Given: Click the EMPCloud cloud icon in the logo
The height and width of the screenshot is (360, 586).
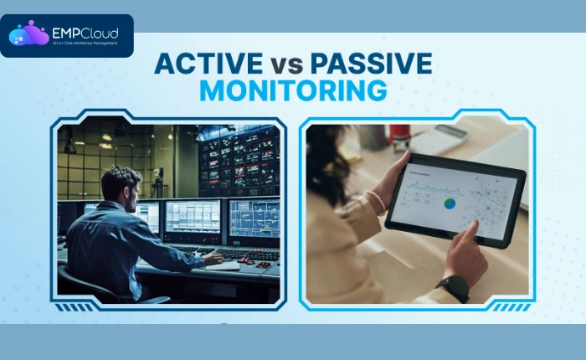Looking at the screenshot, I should pyautogui.click(x=28, y=34).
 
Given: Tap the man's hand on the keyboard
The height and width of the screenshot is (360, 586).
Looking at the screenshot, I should pyautogui.click(x=214, y=259).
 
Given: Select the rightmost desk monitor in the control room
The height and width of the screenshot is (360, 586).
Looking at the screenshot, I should pyautogui.click(x=254, y=219).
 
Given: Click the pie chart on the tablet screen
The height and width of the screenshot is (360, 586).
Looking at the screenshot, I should pyautogui.click(x=450, y=203).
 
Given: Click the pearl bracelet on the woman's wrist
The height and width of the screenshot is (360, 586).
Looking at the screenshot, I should pyautogui.click(x=378, y=201).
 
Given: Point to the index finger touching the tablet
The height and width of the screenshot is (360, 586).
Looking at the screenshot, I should pyautogui.click(x=472, y=229).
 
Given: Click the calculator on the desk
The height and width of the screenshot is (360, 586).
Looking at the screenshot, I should pyautogui.click(x=437, y=141).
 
